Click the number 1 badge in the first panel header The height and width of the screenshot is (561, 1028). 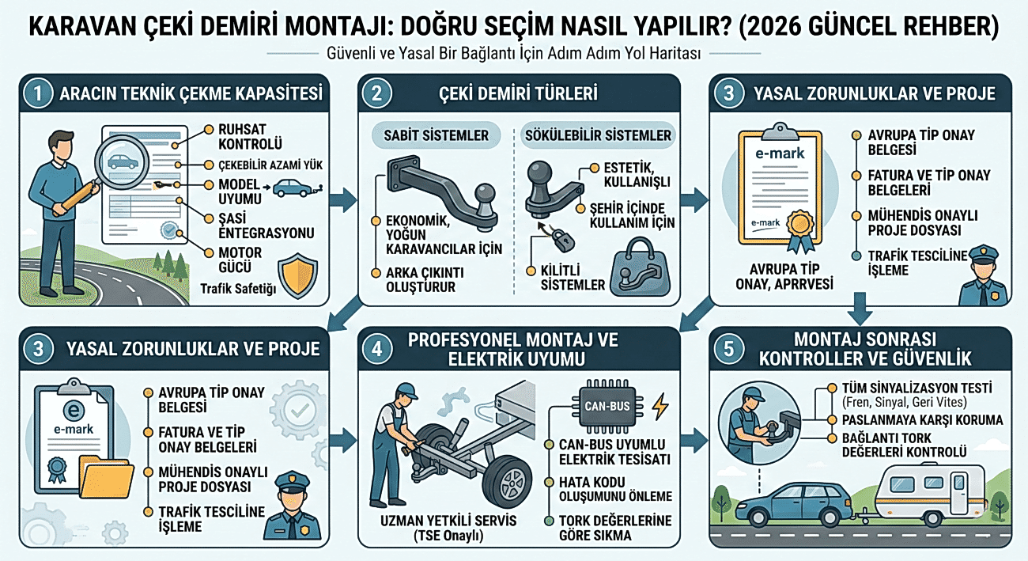[38, 93]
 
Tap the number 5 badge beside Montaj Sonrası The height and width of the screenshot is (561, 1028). [729, 349]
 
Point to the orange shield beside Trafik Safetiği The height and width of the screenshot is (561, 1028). [298, 275]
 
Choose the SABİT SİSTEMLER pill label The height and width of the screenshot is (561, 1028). [436, 135]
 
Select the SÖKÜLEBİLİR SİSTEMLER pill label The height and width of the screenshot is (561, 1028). [598, 135]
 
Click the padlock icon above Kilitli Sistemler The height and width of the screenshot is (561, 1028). [563, 241]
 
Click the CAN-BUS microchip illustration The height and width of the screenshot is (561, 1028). [607, 406]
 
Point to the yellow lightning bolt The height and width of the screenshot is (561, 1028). [660, 406]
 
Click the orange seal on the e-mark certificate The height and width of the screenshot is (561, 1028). [801, 224]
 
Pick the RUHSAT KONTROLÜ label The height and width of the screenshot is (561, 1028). [250, 136]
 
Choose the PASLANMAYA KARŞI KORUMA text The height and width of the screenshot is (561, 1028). [923, 420]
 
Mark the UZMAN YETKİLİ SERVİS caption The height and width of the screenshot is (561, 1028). [448, 521]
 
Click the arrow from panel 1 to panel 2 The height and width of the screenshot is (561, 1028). [343, 199]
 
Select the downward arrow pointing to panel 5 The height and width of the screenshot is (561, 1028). [860, 309]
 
